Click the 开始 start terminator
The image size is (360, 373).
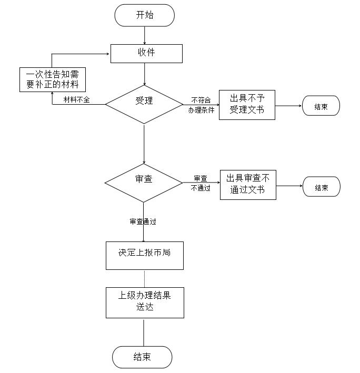[x=144, y=15]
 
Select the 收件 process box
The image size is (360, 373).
[x=146, y=53]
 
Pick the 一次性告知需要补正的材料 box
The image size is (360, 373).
[x=52, y=79]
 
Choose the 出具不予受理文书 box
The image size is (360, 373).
[x=247, y=105]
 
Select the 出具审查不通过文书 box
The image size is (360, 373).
[x=248, y=185]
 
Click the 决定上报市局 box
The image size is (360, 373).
[x=144, y=255]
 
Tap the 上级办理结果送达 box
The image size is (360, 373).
[x=144, y=302]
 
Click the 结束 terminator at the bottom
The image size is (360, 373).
[x=142, y=357]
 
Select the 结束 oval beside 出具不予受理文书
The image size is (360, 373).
[x=321, y=106]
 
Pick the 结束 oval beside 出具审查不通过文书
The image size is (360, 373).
[x=321, y=187]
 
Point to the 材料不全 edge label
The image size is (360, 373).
[x=76, y=99]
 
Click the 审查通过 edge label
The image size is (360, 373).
[x=143, y=221]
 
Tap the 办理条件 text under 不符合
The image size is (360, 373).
[x=201, y=110]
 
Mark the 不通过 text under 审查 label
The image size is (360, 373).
[x=201, y=188]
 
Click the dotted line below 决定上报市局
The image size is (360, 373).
[x=144, y=278]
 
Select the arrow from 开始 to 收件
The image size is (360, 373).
[x=144, y=35]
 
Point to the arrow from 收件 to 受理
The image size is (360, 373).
[x=144, y=74]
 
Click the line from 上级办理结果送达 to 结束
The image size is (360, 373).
[x=144, y=332]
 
